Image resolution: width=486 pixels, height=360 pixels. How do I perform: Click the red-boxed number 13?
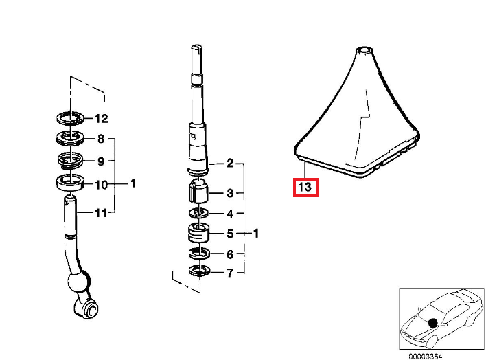[x=305, y=187]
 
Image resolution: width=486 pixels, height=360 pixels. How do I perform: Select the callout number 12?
[x=102, y=119]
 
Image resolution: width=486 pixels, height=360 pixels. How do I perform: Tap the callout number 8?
[x=101, y=139]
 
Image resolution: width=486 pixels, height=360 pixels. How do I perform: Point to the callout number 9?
[x=101, y=161]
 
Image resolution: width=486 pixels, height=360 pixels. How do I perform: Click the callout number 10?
[x=102, y=185]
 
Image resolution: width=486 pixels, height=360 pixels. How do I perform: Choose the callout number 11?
[x=101, y=213]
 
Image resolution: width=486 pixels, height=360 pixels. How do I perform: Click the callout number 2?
[x=230, y=163]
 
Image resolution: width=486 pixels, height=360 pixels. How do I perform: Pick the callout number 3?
[x=230, y=193]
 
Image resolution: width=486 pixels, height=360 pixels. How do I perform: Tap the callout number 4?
[x=230, y=214]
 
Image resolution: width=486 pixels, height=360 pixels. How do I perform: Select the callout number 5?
[x=230, y=234]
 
